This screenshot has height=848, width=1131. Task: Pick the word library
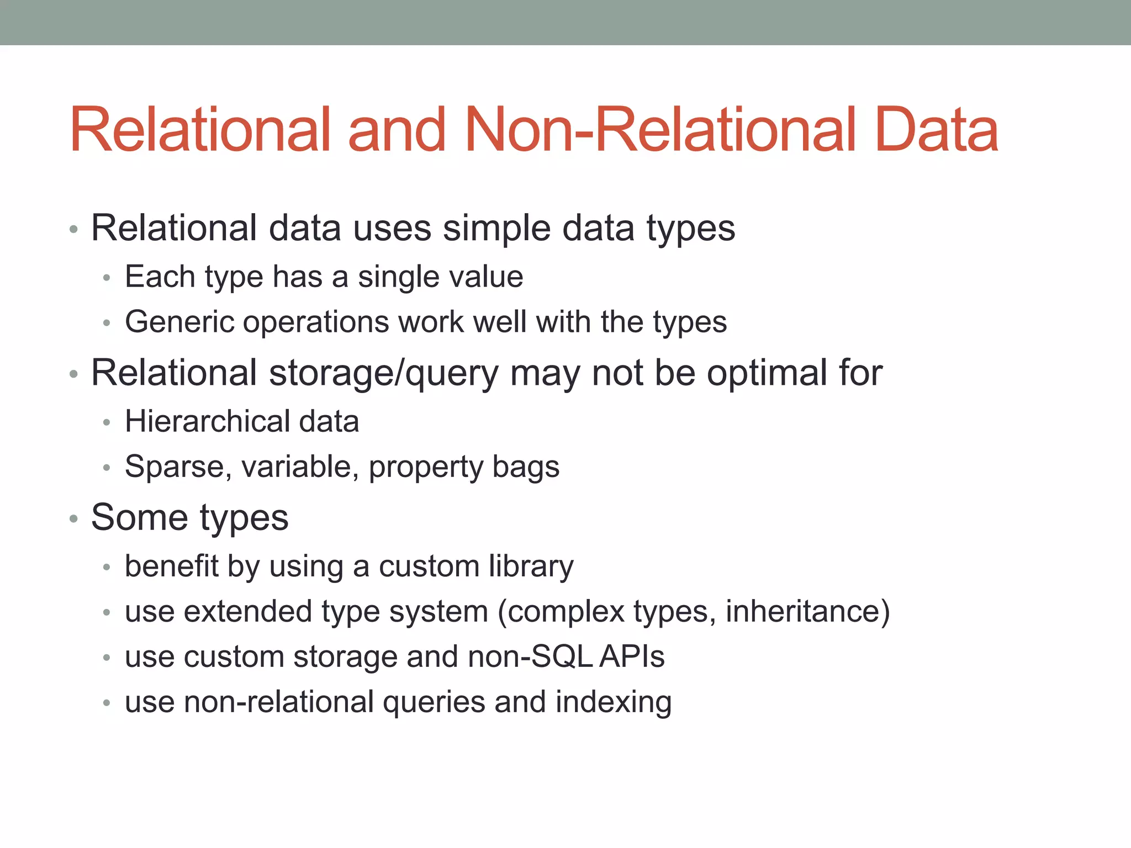pyautogui.click(x=531, y=567)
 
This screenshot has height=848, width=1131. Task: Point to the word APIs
pyautogui.click(x=632, y=657)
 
